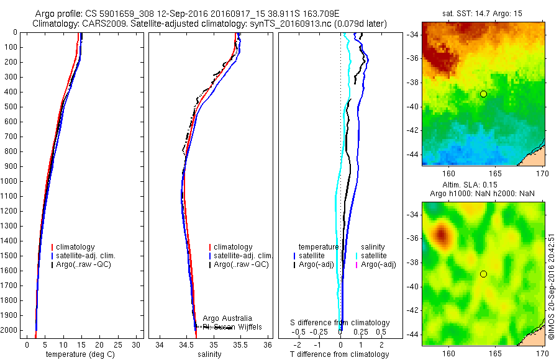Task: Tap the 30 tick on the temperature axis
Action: (137, 344)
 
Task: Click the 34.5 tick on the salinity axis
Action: (186, 344)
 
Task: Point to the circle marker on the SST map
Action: (483, 94)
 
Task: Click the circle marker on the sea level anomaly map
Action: (483, 274)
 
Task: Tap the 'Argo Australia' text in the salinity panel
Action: (227, 318)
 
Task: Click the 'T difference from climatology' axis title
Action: (339, 354)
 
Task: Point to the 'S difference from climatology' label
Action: (340, 323)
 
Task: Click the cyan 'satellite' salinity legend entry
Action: (373, 256)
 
